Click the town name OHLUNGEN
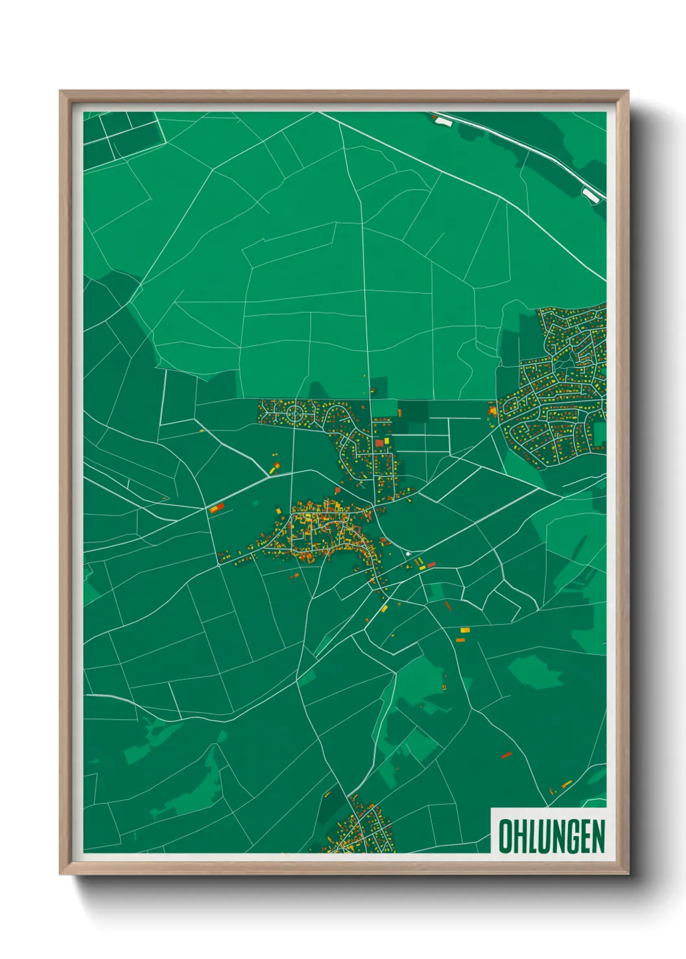click(x=551, y=835)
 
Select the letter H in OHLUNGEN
click(x=519, y=836)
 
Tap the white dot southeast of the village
click(x=407, y=554)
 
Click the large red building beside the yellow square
click(x=379, y=443)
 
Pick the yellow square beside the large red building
click(x=387, y=441)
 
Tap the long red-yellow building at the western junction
click(x=217, y=508)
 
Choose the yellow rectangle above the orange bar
click(x=464, y=630)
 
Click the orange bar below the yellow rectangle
click(x=460, y=640)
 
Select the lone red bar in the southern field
click(x=506, y=755)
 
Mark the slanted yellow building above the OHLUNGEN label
click(x=566, y=785)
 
